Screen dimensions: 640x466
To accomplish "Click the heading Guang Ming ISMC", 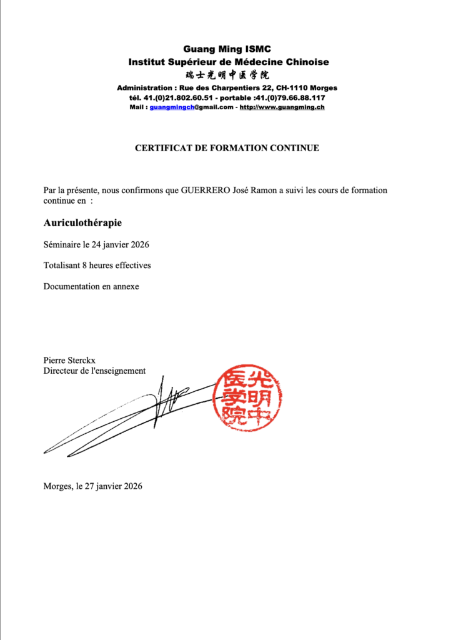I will tap(228, 49).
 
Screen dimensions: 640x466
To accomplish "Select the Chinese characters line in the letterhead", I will tap(228, 75).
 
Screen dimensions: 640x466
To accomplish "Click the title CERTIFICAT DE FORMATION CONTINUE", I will tap(227, 148).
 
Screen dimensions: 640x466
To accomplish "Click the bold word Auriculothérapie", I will tap(82, 222).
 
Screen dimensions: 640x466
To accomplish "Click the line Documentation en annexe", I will tap(91, 286).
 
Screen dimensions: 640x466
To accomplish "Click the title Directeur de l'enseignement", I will tap(94, 371).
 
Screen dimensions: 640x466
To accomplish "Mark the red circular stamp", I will tap(247, 397).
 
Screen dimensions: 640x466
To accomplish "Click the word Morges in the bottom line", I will tap(57, 486).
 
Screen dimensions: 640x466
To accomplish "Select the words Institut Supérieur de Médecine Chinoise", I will tap(228, 62).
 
